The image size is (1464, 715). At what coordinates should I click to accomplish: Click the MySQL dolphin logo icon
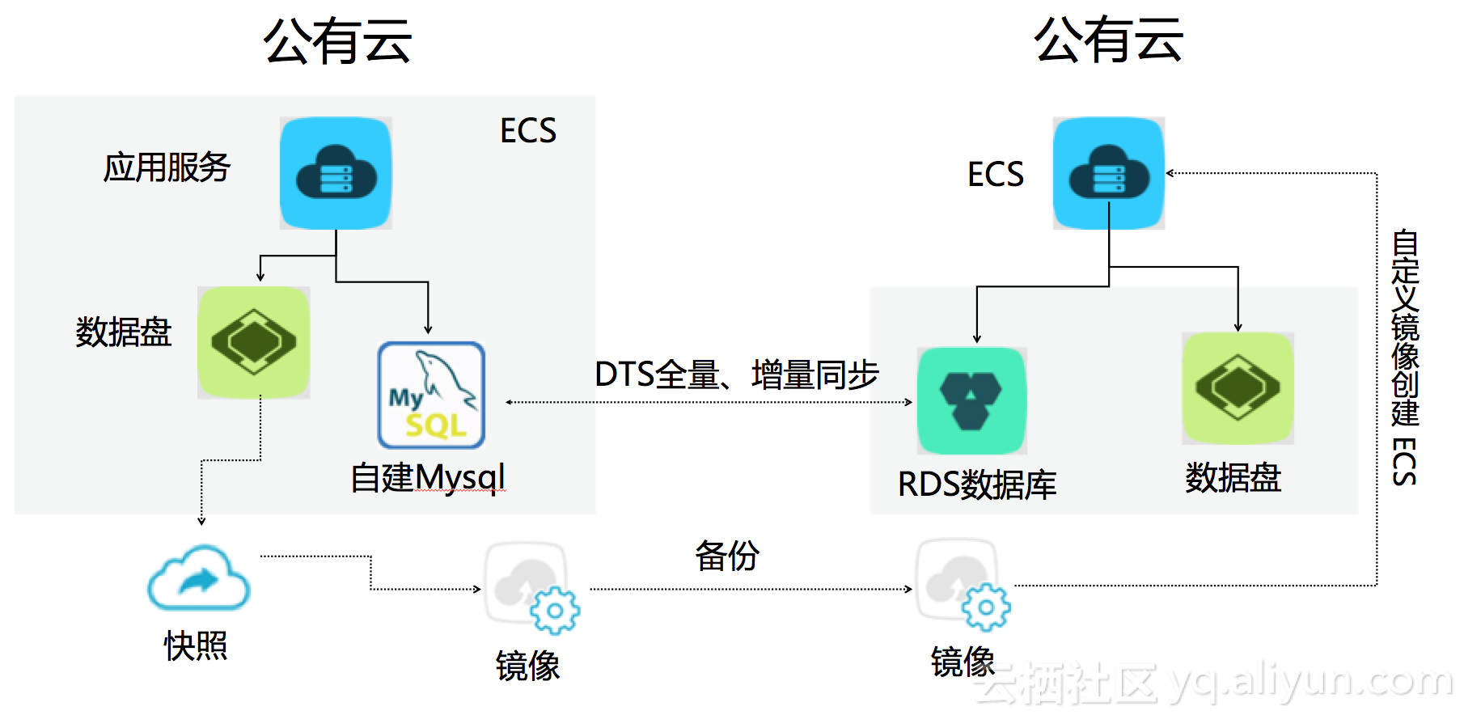tap(431, 395)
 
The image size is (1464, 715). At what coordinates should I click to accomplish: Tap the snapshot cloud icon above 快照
tap(198, 577)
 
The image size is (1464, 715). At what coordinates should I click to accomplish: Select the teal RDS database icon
tap(971, 400)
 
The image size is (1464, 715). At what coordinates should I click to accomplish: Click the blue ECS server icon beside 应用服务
tap(336, 173)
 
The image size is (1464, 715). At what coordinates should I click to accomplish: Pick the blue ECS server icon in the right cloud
tap(1109, 173)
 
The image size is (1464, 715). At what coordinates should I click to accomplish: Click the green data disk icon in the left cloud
tap(254, 342)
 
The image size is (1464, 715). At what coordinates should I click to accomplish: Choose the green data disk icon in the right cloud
tap(1238, 388)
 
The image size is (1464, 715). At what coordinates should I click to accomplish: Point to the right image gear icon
tap(963, 585)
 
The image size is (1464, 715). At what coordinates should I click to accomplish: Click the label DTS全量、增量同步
tap(737, 374)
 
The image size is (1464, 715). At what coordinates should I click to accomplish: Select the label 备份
tap(727, 556)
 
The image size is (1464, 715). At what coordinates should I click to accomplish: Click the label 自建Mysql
tap(428, 477)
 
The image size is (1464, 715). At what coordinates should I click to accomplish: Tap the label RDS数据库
tap(977, 484)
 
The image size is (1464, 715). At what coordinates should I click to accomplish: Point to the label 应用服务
tap(167, 167)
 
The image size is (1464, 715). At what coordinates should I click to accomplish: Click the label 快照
tap(196, 645)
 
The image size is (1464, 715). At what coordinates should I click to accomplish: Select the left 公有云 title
tap(337, 41)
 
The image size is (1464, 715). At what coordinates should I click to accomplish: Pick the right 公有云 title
tap(1109, 40)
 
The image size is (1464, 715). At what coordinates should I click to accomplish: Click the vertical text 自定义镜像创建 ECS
tap(1405, 357)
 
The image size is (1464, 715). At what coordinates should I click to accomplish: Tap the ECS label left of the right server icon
tap(996, 174)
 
